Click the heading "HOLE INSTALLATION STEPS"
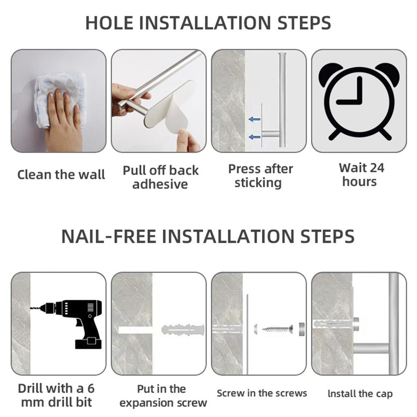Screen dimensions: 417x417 click(208, 23)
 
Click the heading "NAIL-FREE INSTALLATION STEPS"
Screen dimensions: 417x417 click(208, 237)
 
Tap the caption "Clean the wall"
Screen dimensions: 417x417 click(61, 175)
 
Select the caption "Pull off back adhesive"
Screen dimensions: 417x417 click(160, 177)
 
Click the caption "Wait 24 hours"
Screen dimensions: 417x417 click(361, 175)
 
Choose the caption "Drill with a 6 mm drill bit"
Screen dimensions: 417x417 click(56, 395)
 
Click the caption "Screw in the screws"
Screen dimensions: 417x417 click(262, 393)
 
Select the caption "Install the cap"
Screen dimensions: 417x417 click(360, 394)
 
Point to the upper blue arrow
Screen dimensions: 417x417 click(255, 119)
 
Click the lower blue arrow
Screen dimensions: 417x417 click(255, 137)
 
